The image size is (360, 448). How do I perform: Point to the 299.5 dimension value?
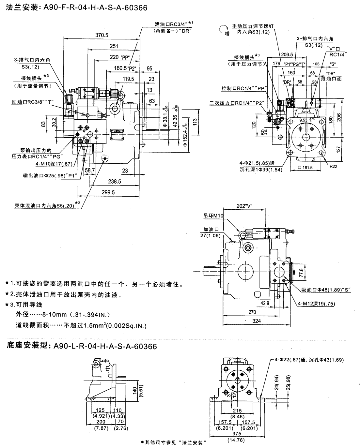click(108, 193)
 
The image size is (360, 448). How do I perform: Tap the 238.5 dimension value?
click(115, 182)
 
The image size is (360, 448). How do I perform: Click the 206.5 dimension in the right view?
click(287, 54)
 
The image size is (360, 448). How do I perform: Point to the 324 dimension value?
click(257, 321)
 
